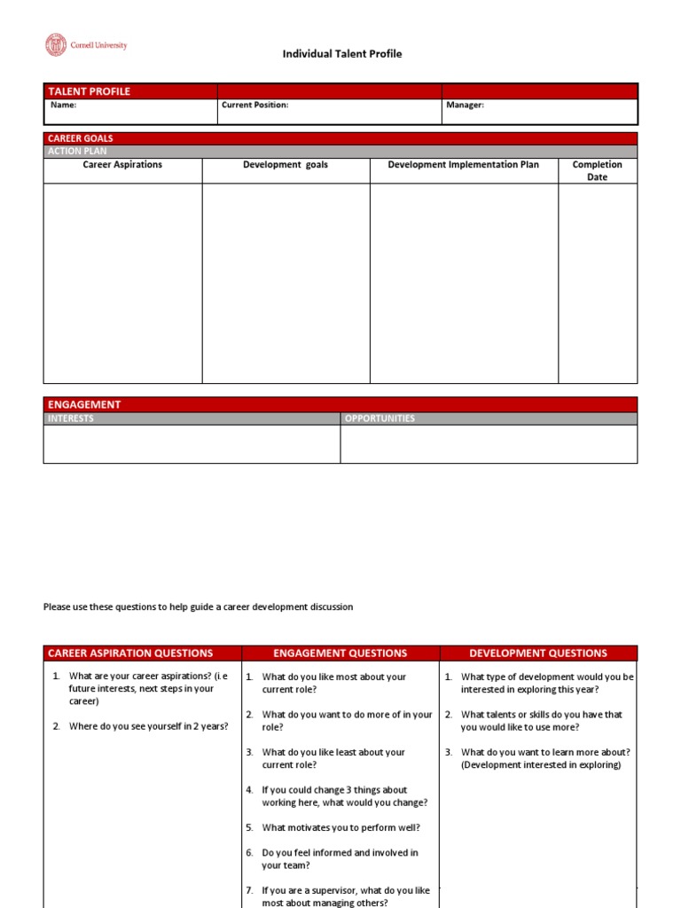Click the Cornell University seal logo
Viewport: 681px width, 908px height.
tap(56, 44)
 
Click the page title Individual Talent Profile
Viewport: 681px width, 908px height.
tap(341, 54)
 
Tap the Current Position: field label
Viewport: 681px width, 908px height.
tap(254, 105)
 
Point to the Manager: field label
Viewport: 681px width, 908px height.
tap(465, 105)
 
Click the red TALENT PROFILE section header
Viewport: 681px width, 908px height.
tap(89, 91)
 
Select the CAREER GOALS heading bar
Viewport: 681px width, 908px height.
tap(80, 138)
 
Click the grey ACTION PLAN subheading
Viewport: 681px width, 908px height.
tap(77, 151)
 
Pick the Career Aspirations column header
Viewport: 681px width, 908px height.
tap(122, 165)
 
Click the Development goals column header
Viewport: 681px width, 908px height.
tap(286, 165)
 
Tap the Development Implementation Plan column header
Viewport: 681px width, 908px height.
tap(463, 165)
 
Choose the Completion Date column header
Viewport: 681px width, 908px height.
tap(597, 170)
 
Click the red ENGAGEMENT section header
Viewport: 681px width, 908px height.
tap(84, 404)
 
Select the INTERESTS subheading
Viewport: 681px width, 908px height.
tap(70, 419)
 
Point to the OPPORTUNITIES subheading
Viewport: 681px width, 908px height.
tap(379, 419)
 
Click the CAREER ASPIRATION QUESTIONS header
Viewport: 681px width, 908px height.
tap(130, 654)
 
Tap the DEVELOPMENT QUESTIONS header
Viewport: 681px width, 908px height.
tap(538, 654)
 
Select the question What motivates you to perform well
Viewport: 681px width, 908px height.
tap(340, 827)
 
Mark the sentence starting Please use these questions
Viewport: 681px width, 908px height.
tap(198, 607)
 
